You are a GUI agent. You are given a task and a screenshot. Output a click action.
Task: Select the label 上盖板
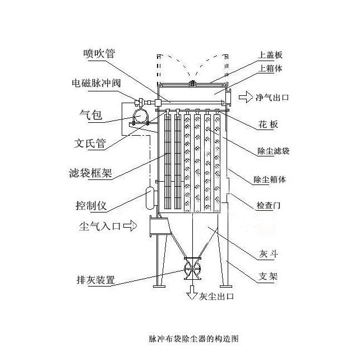pos(270,55)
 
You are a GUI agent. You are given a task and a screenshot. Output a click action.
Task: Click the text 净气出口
pos(273,97)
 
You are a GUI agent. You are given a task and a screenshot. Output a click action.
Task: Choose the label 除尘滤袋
pos(273,151)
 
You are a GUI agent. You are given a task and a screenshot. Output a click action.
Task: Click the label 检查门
pos(269,206)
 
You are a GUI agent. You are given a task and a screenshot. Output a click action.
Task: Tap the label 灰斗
pos(269,254)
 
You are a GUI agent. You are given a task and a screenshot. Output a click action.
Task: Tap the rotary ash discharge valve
pos(192,267)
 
